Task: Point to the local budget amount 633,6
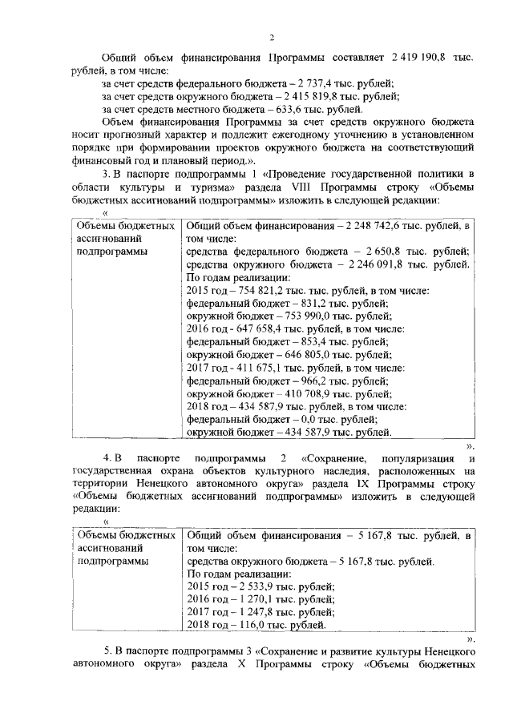(285, 109)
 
